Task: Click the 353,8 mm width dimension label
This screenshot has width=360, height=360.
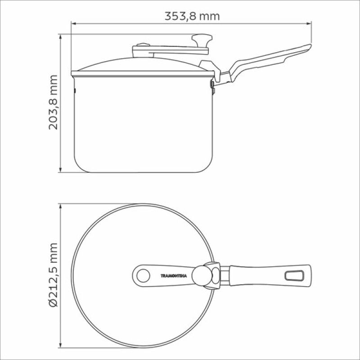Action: point(192,16)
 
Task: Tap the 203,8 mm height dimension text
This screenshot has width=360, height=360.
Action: point(53,103)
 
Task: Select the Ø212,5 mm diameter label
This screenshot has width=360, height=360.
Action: point(53,275)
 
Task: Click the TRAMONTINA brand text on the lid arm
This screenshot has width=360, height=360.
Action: point(174,276)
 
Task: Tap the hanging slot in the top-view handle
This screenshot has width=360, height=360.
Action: point(294,275)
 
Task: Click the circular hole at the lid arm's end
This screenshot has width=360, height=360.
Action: point(143,276)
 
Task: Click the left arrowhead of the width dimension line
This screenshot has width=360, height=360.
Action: point(73,23)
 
